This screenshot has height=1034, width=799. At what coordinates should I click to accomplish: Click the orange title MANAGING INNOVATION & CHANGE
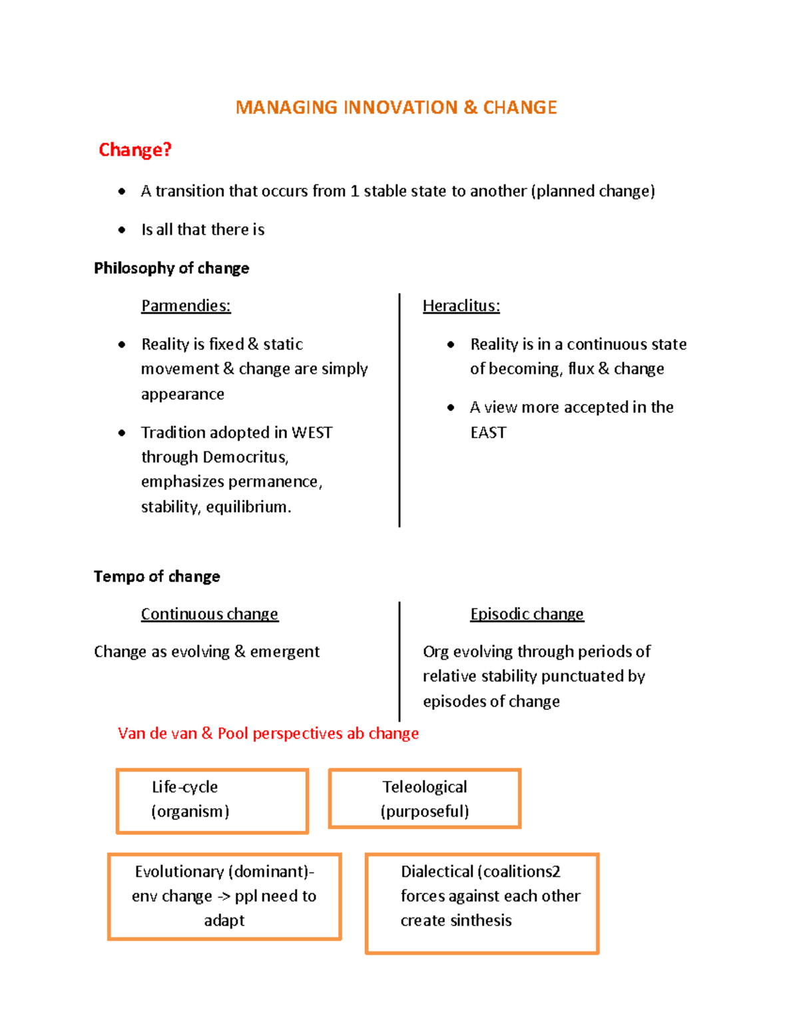point(396,107)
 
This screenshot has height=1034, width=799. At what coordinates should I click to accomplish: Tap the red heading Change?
point(135,150)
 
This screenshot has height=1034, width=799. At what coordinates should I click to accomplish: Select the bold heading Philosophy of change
point(171,268)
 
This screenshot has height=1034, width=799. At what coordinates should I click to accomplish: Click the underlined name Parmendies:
point(186,306)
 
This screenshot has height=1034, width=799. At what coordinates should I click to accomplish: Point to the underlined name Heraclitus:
point(461,306)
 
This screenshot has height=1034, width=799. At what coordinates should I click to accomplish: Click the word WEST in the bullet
point(312,433)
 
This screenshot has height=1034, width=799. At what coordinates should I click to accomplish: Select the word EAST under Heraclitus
point(488,433)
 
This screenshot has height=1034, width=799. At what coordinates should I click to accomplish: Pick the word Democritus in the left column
point(246,457)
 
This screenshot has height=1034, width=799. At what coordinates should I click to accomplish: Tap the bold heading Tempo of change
point(156,576)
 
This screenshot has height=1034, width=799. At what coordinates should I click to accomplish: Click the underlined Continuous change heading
point(209,614)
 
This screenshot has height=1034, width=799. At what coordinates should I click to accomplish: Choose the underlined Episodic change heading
point(527,614)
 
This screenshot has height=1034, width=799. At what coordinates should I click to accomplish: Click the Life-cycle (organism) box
point(212,800)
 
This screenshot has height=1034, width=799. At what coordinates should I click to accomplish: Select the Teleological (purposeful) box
point(424,798)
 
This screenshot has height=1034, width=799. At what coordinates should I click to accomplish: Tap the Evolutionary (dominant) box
point(224,896)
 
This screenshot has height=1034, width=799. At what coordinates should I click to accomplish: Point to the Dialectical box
point(482,903)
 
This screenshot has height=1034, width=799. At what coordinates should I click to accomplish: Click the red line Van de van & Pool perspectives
point(268,733)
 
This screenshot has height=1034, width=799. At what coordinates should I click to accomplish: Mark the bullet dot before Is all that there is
point(122,230)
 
